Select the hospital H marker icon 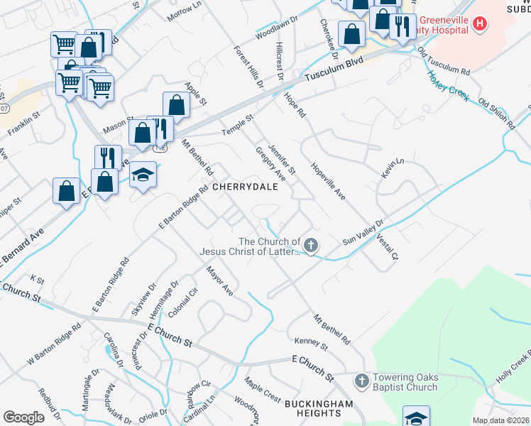coord(481,24)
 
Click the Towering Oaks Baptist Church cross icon coord(361,381)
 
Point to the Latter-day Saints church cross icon coord(311,246)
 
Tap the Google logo coord(23,417)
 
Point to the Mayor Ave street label coord(219,280)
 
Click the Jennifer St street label coord(281,159)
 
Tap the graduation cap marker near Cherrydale coord(143,175)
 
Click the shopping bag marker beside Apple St coord(176,105)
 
